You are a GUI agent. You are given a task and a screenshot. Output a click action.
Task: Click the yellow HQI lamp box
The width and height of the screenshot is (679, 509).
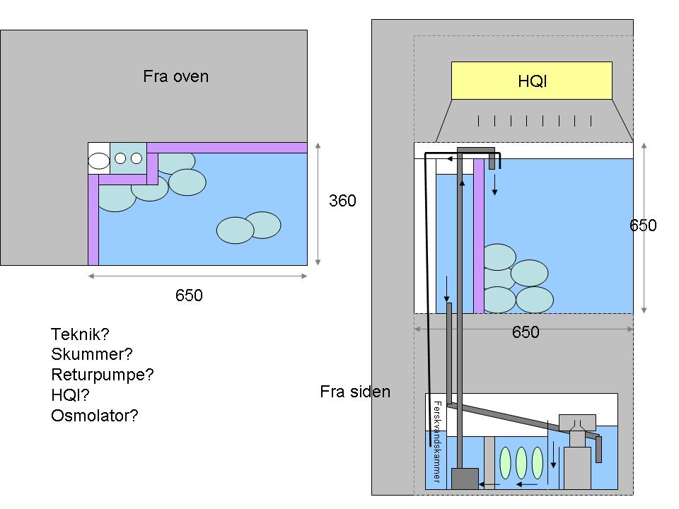click(x=531, y=81)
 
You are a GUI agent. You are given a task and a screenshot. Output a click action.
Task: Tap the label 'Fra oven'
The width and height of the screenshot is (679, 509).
click(x=176, y=76)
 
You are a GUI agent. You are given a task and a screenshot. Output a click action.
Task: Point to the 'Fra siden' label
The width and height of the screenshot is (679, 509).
click(x=355, y=391)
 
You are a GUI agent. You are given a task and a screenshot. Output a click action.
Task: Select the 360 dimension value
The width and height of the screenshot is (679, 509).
click(x=343, y=201)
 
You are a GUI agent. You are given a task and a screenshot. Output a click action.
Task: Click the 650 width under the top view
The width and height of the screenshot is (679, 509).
click(x=189, y=296)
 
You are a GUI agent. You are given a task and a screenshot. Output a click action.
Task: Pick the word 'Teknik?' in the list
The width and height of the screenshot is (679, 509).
click(x=81, y=334)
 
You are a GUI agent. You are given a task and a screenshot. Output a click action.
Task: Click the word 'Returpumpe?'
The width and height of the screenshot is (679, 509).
click(x=103, y=375)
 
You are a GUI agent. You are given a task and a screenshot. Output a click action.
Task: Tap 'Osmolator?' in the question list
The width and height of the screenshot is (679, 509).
click(x=95, y=416)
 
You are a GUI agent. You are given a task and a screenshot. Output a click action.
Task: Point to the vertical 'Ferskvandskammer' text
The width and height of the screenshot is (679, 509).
click(x=436, y=442)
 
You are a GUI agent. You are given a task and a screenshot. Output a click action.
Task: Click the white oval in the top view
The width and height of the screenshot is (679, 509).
click(x=99, y=161)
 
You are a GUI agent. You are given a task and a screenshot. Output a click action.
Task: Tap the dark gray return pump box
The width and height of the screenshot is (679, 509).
click(x=465, y=479)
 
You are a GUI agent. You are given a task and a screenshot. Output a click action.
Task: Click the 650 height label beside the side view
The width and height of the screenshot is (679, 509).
click(x=644, y=226)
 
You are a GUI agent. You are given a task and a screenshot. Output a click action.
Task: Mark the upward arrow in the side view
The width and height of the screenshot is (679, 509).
click(x=463, y=185)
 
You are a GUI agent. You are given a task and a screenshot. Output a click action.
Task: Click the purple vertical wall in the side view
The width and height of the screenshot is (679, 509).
click(x=479, y=240)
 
